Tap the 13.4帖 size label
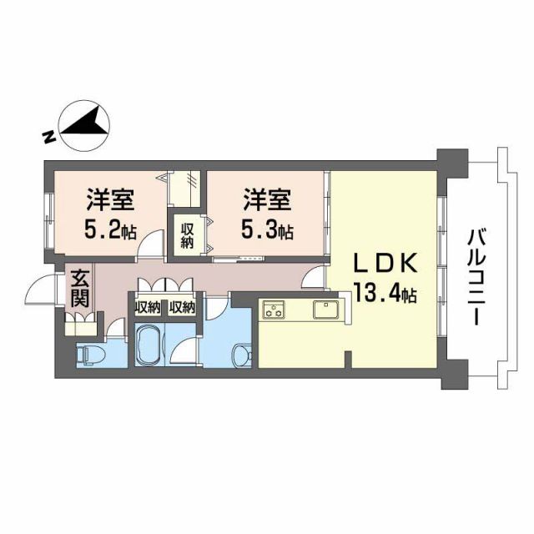384,294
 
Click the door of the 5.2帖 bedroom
150,247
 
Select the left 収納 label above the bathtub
148,307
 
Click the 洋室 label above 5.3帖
267,200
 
